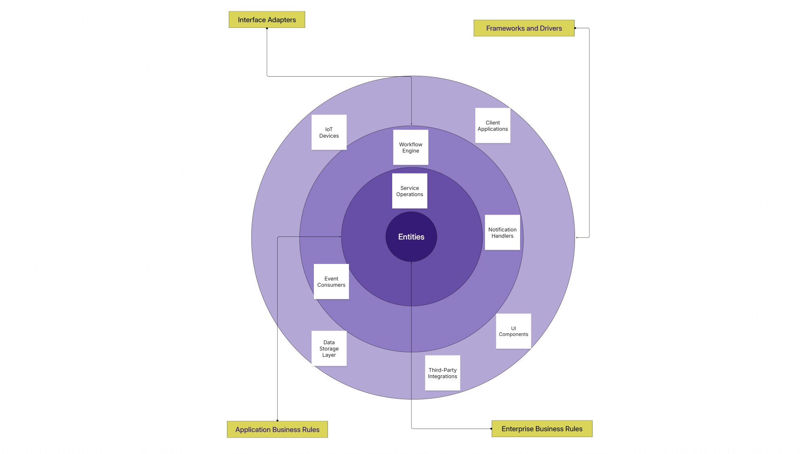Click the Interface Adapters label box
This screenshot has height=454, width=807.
pyautogui.click(x=267, y=20)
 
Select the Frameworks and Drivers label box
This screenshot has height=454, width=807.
pyautogui.click(x=524, y=28)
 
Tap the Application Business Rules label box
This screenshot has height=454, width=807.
pyautogui.click(x=277, y=429)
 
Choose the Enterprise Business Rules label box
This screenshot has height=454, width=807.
pyautogui.click(x=542, y=429)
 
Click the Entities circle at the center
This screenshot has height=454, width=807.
pyautogui.click(x=411, y=237)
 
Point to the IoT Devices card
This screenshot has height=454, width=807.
pyautogui.click(x=329, y=132)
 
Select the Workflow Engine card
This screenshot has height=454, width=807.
pyautogui.click(x=411, y=147)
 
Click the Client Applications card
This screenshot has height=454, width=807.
pyautogui.click(x=493, y=126)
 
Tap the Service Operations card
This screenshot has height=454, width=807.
pyautogui.click(x=410, y=191)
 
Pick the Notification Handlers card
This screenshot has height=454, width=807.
pyautogui.click(x=502, y=232)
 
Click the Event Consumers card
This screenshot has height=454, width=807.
pyautogui.click(x=331, y=282)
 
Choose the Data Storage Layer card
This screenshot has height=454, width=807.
pyautogui.click(x=329, y=349)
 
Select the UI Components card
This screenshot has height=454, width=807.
pyautogui.click(x=513, y=331)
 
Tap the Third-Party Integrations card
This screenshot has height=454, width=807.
pyautogui.click(x=443, y=373)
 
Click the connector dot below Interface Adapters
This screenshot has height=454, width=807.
pyautogui.click(x=267, y=28)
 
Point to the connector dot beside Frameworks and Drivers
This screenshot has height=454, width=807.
pyautogui.click(x=575, y=28)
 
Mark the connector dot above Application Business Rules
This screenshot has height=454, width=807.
pyautogui.click(x=277, y=421)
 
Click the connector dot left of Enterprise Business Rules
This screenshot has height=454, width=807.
pyautogui.click(x=491, y=429)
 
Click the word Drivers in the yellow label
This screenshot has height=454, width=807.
pyautogui.click(x=551, y=28)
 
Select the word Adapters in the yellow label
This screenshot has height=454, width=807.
pyautogui.click(x=282, y=20)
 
